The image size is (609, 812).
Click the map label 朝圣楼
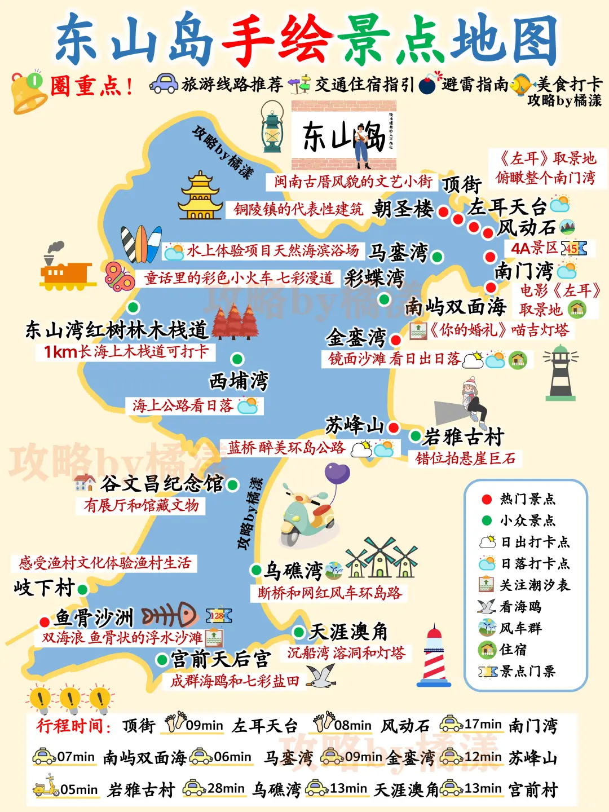[403, 209]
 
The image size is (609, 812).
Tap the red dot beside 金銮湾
[396, 339]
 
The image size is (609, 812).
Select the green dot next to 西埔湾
[237, 359]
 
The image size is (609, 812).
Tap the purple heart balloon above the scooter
[337, 474]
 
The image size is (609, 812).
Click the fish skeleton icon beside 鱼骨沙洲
[169, 616]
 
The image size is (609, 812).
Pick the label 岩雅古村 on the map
[464, 436]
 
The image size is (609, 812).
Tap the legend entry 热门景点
[527, 499]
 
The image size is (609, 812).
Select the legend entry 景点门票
[527, 671]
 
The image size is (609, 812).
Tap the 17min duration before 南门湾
[483, 724]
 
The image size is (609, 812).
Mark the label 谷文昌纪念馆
[162, 484]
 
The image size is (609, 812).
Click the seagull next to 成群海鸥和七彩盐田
[321, 676]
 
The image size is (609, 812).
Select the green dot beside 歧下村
[82, 590]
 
